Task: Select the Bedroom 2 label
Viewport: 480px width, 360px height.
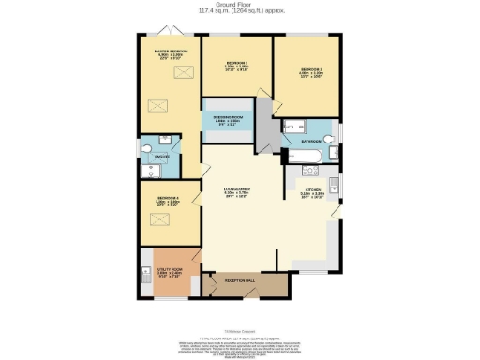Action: (312, 69)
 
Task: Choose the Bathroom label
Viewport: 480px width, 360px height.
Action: (311, 141)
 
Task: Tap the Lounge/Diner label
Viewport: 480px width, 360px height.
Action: (239, 191)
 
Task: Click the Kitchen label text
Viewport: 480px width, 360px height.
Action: (312, 190)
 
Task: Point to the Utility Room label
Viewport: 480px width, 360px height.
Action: (171, 268)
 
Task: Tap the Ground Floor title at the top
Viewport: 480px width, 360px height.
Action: (241, 5)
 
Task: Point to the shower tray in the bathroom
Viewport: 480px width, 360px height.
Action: (289, 127)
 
